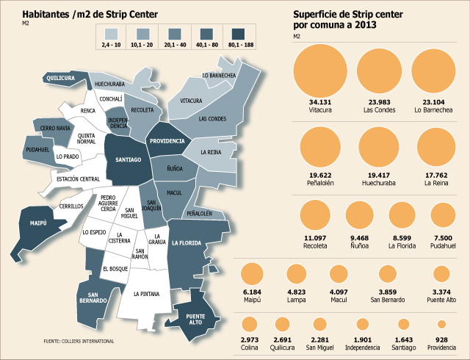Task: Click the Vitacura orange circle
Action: pos(320,71)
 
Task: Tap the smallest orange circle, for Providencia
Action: pos(441,324)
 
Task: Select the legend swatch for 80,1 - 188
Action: pos(238,35)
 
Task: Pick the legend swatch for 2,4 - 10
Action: pos(111,35)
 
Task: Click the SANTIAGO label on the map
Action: pos(129,159)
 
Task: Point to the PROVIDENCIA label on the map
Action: pos(167,141)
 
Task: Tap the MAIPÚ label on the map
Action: pos(38,223)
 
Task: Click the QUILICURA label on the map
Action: pos(60,78)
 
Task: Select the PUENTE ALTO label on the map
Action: pos(195,320)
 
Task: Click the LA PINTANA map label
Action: pos(147,295)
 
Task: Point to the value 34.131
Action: pos(320,102)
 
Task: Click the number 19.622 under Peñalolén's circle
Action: pos(320,176)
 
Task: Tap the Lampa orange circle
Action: pos(296,273)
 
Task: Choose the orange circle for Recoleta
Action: pos(315,215)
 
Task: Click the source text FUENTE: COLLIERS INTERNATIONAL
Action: pos(79,341)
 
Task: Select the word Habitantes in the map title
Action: pos(46,15)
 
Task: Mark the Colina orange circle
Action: pos(250,324)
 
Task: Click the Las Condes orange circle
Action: pos(379,71)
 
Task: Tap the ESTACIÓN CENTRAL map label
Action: pos(78,179)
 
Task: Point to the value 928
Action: pos(442,340)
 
